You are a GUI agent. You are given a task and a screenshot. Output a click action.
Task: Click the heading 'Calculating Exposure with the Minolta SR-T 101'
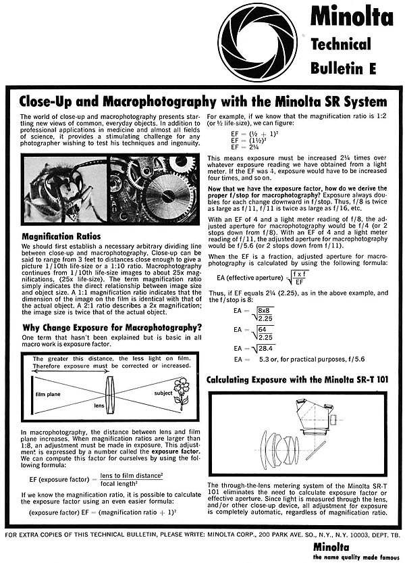298,379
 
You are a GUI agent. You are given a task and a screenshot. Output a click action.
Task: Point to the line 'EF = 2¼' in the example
244,146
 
